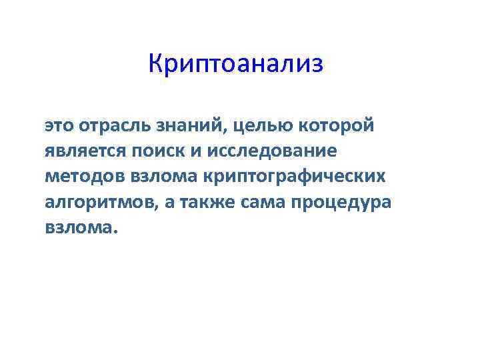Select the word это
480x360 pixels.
pyautogui.click(x=60, y=126)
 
